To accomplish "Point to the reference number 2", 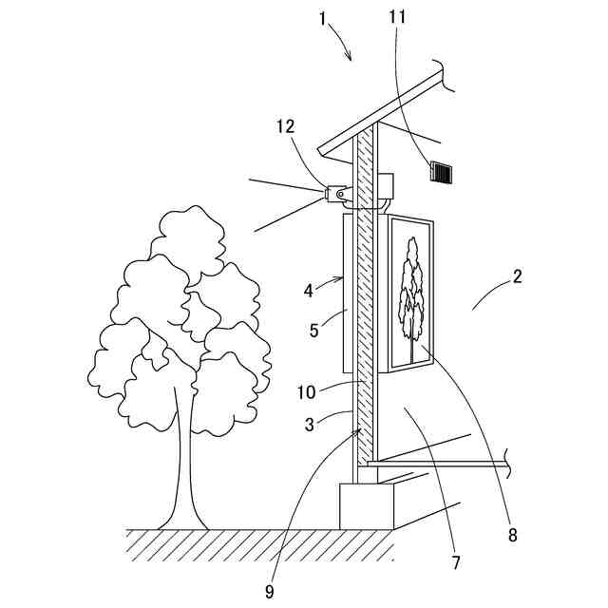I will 518,277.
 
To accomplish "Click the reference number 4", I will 308,291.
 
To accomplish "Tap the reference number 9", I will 271,591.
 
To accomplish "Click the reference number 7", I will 456,562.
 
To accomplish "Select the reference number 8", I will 513,535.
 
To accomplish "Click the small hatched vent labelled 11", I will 443,171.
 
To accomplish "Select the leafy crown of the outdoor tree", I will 180,313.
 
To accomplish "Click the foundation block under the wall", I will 367,505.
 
